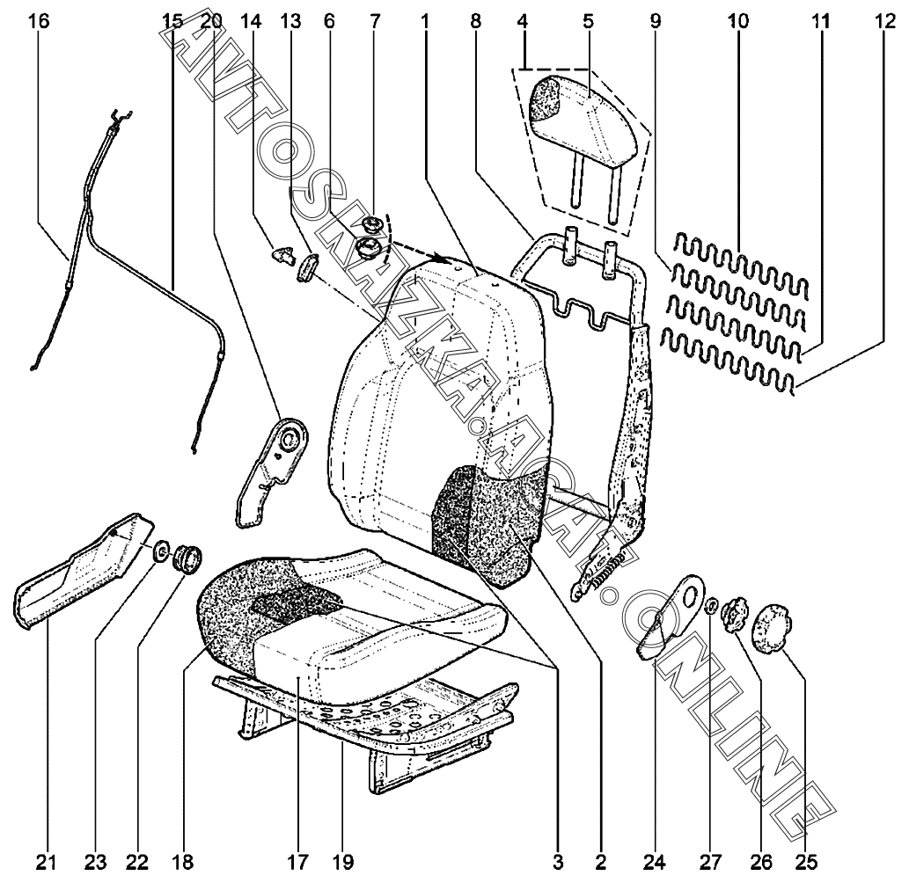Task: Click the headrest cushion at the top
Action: tap(581, 110)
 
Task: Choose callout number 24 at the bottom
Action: tap(659, 861)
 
